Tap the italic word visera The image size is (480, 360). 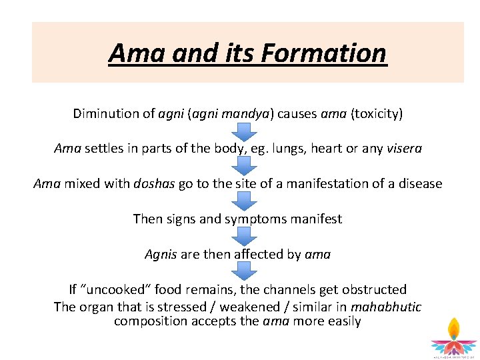pos(404,149)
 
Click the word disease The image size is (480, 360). pos(418,183)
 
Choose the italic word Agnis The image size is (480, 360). pos(161,254)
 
